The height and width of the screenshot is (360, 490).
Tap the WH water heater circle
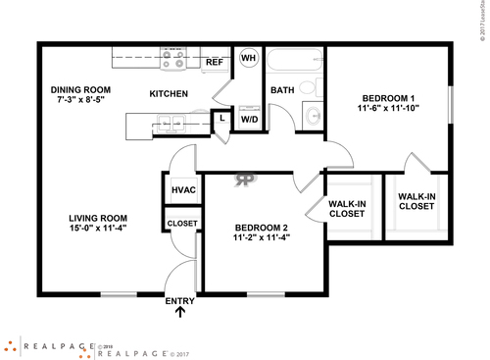[248, 58]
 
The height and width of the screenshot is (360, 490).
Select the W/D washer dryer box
[248, 120]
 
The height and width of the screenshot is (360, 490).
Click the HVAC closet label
[181, 189]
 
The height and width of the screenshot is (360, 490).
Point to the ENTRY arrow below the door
[180, 314]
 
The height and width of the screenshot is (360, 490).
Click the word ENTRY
[180, 301]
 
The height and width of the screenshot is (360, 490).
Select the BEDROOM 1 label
[389, 98]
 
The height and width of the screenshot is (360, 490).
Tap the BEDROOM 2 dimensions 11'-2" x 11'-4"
[262, 236]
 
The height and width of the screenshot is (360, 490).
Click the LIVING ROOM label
[99, 218]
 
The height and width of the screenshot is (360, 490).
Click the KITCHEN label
[168, 94]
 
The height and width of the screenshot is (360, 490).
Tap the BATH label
[282, 90]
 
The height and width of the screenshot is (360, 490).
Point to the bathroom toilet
[311, 87]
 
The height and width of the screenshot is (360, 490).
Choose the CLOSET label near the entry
[181, 223]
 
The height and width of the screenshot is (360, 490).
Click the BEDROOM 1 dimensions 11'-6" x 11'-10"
[389, 111]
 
